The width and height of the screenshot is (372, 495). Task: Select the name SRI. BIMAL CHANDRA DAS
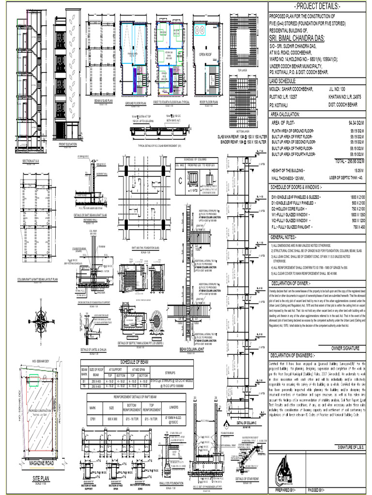pos(301,39)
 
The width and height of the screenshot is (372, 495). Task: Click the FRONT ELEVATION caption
pos(68,144)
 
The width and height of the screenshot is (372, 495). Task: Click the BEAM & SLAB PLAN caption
pos(103,101)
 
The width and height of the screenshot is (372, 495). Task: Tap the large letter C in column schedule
pos(180,181)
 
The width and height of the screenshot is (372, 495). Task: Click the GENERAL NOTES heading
pos(286,237)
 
